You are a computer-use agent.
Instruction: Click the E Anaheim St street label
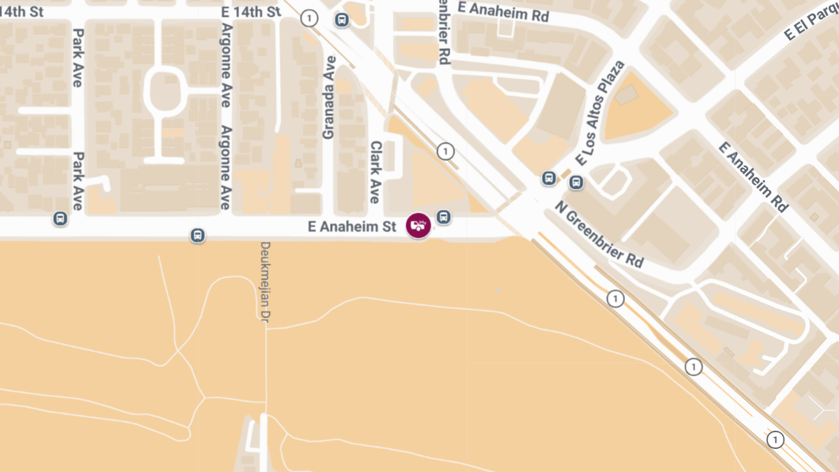click(352, 227)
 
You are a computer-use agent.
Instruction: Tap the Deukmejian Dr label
click(265, 282)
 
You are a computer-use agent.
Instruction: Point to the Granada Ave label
click(329, 97)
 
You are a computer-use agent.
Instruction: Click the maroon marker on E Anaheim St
click(418, 224)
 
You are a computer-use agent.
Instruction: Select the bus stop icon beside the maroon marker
click(443, 217)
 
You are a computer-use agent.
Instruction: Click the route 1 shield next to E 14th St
click(309, 19)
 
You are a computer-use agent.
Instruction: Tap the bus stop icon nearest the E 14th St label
click(341, 20)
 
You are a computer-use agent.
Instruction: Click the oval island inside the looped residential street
click(165, 91)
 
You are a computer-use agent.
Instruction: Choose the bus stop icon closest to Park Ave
click(61, 219)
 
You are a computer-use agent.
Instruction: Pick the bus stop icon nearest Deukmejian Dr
click(198, 236)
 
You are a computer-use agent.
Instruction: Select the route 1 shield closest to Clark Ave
click(445, 151)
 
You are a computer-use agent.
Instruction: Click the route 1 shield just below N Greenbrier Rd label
click(615, 299)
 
